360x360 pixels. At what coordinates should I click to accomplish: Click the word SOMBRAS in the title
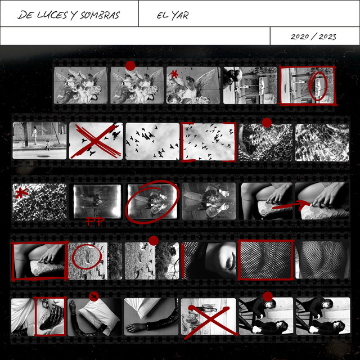[100, 15]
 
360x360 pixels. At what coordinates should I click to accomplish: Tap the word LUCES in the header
[52, 15]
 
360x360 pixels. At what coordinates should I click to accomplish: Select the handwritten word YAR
[180, 15]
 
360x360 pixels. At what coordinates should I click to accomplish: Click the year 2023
[327, 37]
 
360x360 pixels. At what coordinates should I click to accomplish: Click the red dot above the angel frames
[130, 66]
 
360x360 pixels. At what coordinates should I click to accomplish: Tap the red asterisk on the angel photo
[174, 74]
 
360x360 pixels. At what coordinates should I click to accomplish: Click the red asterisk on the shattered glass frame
[21, 192]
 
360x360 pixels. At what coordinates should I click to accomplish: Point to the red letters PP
[95, 221]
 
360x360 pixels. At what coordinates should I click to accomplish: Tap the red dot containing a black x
[94, 296]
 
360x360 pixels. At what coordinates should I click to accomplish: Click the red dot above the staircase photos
[268, 296]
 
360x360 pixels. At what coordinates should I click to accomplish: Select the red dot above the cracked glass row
[267, 123]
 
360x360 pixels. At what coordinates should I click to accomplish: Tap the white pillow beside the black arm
[99, 316]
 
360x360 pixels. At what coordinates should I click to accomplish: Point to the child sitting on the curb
[48, 145]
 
